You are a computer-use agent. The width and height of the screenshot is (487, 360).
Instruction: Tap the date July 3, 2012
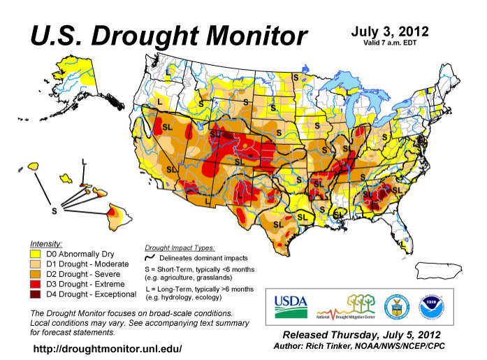point(389,31)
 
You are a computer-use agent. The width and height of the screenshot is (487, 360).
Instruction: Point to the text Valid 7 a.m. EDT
point(389,43)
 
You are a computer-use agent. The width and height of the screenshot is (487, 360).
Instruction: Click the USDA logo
point(290,303)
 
